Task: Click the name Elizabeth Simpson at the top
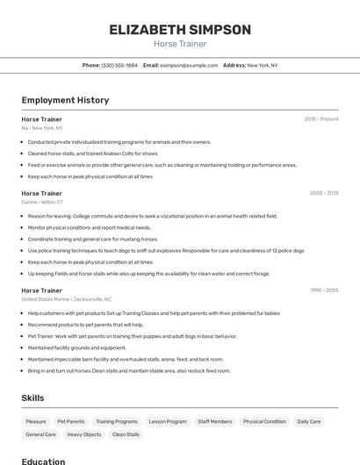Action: click(x=180, y=29)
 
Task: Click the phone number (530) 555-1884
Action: click(x=119, y=65)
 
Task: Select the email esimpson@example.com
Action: click(x=189, y=65)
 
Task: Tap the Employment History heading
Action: click(x=65, y=100)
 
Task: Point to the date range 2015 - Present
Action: click(x=321, y=119)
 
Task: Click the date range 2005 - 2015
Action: click(x=324, y=193)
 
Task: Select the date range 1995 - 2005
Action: click(x=324, y=290)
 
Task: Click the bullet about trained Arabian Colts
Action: click(x=93, y=153)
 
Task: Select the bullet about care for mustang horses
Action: click(x=93, y=239)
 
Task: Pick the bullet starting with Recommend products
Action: click(x=85, y=324)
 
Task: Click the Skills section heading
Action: click(x=32, y=398)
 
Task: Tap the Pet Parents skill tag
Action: click(x=71, y=422)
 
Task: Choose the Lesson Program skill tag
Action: click(x=168, y=422)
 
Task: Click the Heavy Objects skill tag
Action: click(x=84, y=434)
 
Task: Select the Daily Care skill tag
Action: click(x=308, y=422)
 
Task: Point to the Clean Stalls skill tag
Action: click(x=126, y=434)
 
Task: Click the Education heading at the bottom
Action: click(x=43, y=461)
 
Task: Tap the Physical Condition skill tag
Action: click(x=264, y=422)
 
